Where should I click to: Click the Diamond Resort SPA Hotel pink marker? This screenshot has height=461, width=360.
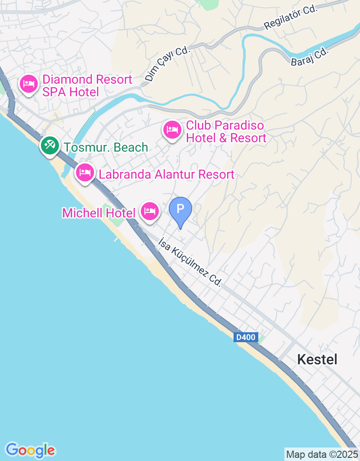coord(29,84)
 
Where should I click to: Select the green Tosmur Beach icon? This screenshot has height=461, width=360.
coord(49,145)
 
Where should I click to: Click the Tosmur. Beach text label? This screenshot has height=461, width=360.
coord(106,147)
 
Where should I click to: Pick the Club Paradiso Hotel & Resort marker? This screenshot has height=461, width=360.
coord(172,130)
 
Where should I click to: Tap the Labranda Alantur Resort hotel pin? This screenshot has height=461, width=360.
coord(85,172)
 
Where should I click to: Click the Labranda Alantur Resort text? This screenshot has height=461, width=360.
coord(166,174)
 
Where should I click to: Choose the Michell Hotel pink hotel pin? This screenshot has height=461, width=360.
coord(150,211)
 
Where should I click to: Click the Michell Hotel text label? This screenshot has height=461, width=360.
coord(99,213)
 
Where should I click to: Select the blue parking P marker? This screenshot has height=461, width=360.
coord(180,209)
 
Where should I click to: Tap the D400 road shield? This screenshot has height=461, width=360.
coord(245,337)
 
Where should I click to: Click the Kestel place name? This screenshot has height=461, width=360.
coord(317,359)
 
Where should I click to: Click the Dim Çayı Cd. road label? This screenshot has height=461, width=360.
coord(167,64)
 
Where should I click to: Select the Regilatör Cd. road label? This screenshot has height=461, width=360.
coord(291,18)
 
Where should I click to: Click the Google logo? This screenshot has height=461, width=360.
coord(30,450)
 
